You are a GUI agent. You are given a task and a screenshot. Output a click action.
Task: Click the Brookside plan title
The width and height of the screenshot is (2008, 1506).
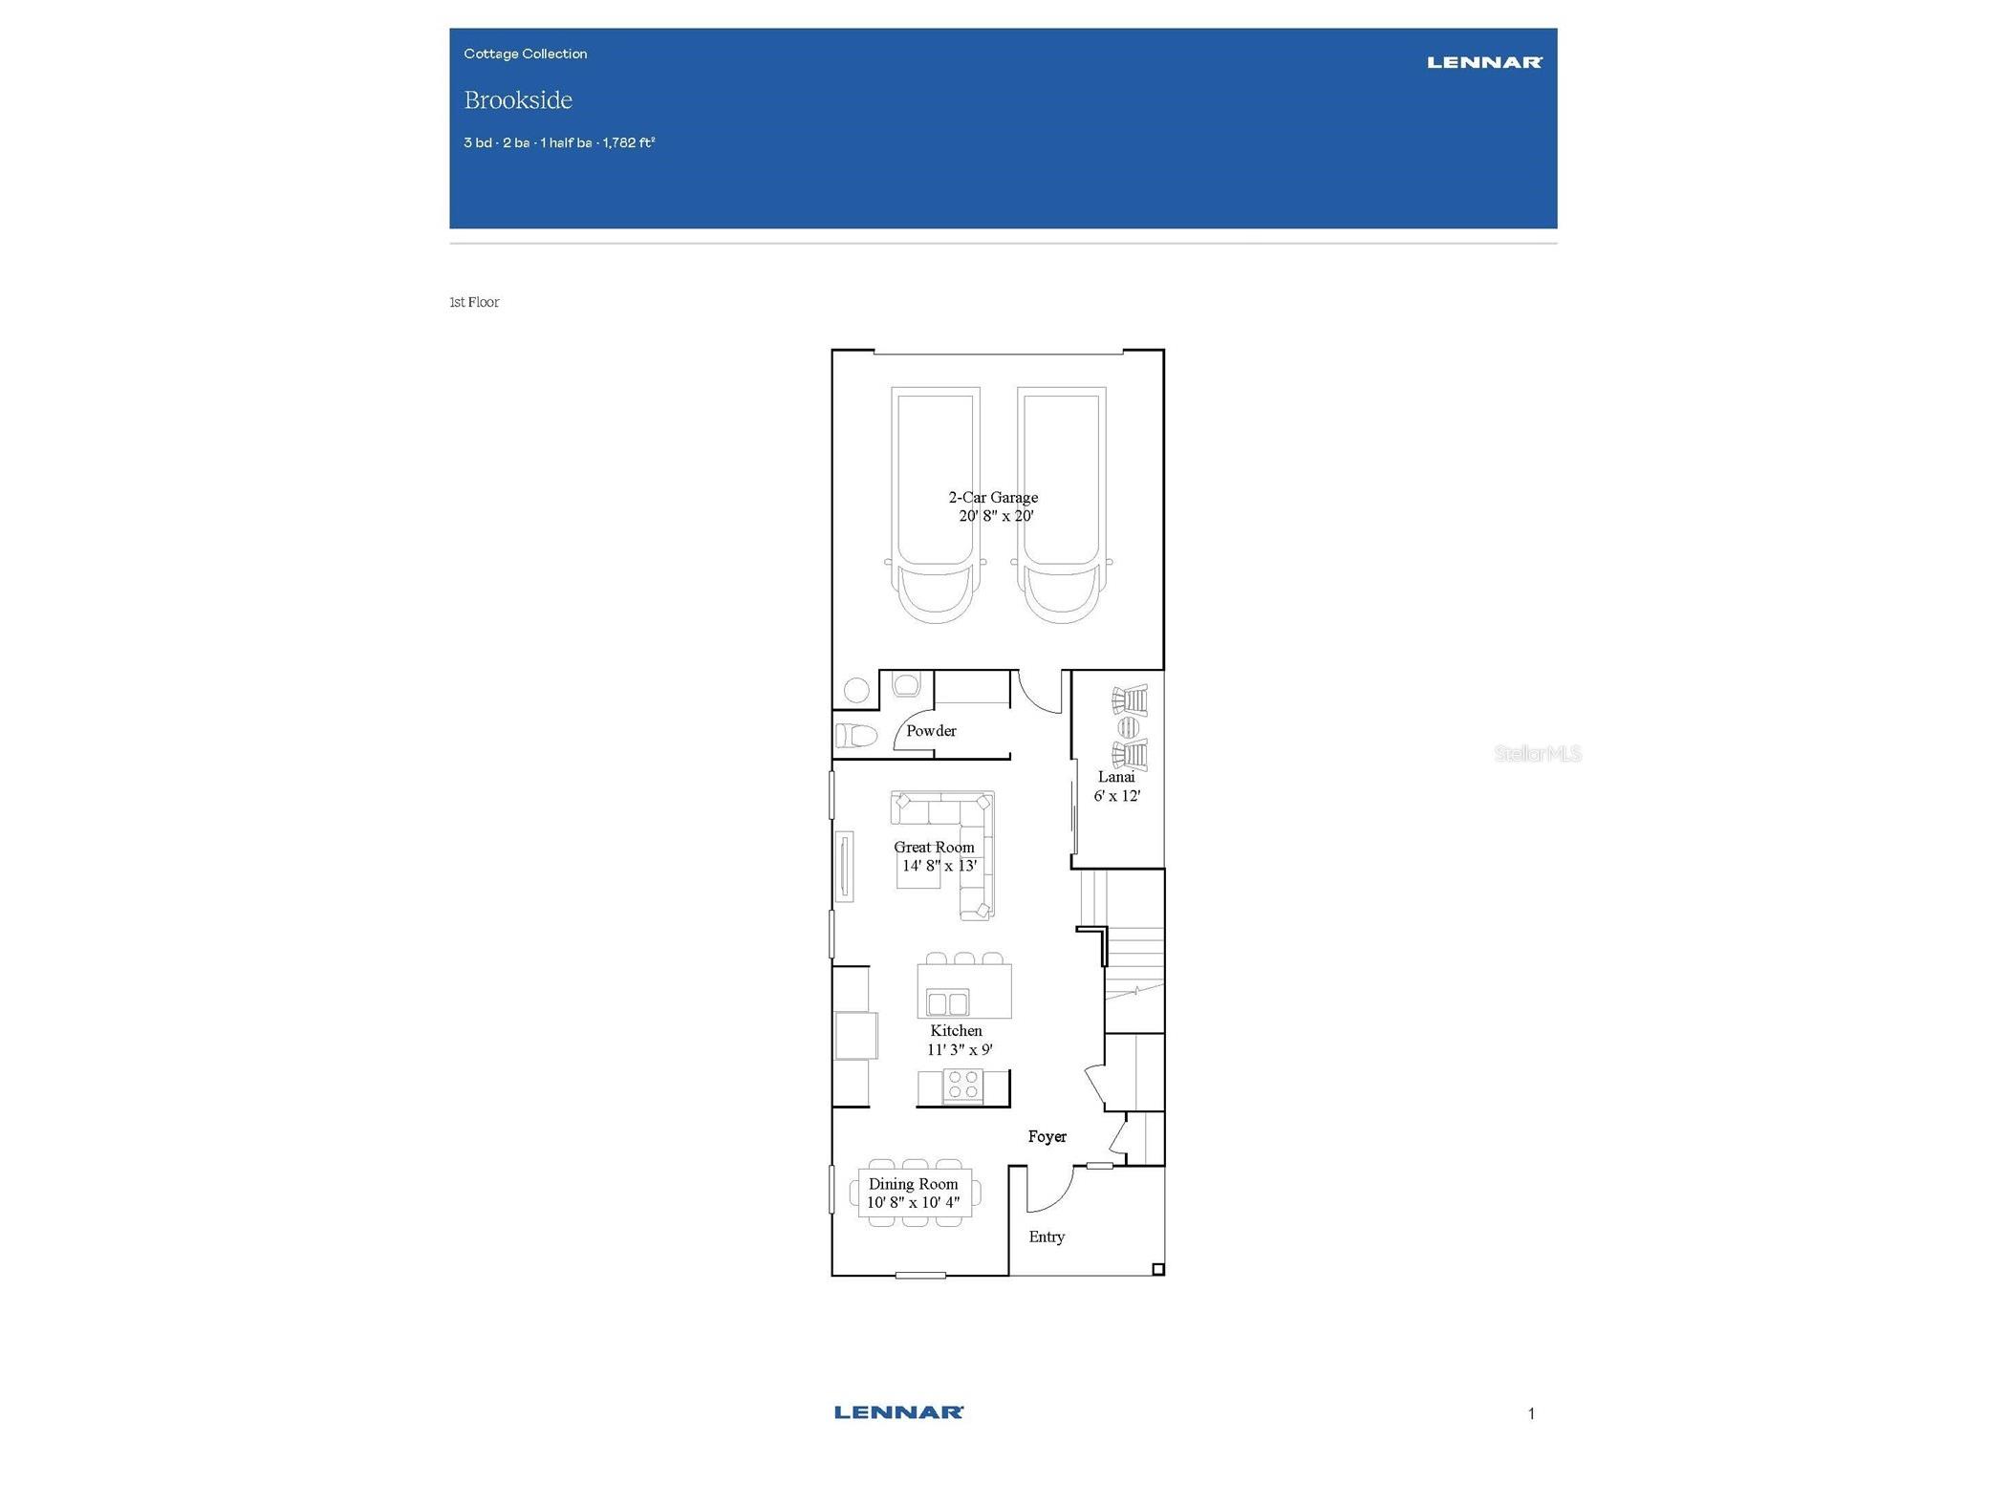click(518, 100)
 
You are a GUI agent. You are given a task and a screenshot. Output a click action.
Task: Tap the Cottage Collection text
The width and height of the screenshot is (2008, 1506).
click(525, 54)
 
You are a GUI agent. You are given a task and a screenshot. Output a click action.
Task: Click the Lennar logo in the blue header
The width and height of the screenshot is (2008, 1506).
click(1483, 63)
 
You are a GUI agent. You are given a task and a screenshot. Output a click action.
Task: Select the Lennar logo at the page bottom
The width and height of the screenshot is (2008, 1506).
click(898, 1412)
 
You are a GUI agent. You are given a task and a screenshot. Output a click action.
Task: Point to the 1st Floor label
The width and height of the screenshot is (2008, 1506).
click(474, 302)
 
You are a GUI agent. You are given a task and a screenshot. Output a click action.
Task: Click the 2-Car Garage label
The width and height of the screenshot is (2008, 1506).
click(993, 497)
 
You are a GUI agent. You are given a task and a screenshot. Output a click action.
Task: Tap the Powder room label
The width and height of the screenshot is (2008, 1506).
click(931, 731)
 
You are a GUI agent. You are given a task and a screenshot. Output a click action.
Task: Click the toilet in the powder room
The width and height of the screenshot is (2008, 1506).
click(856, 736)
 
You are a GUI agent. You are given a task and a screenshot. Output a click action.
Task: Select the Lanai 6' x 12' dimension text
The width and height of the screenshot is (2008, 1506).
click(1117, 796)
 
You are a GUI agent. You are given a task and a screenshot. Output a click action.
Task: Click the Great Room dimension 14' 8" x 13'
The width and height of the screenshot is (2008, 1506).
click(939, 866)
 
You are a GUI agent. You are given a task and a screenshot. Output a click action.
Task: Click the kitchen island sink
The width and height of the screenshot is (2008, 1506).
click(947, 1002)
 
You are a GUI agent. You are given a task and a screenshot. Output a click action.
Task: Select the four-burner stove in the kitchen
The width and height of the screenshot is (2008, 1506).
click(962, 1086)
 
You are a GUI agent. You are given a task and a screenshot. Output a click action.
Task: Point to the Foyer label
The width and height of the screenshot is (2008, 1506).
click(1047, 1137)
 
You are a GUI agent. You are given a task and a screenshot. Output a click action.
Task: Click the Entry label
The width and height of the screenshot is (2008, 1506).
click(1047, 1237)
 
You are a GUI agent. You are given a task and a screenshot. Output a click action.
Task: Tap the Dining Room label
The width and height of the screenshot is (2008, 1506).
click(913, 1184)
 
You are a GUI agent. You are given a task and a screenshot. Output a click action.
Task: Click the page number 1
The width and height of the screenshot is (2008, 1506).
click(1531, 1414)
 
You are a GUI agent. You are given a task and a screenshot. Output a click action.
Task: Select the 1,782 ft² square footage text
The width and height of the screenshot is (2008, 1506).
click(629, 143)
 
